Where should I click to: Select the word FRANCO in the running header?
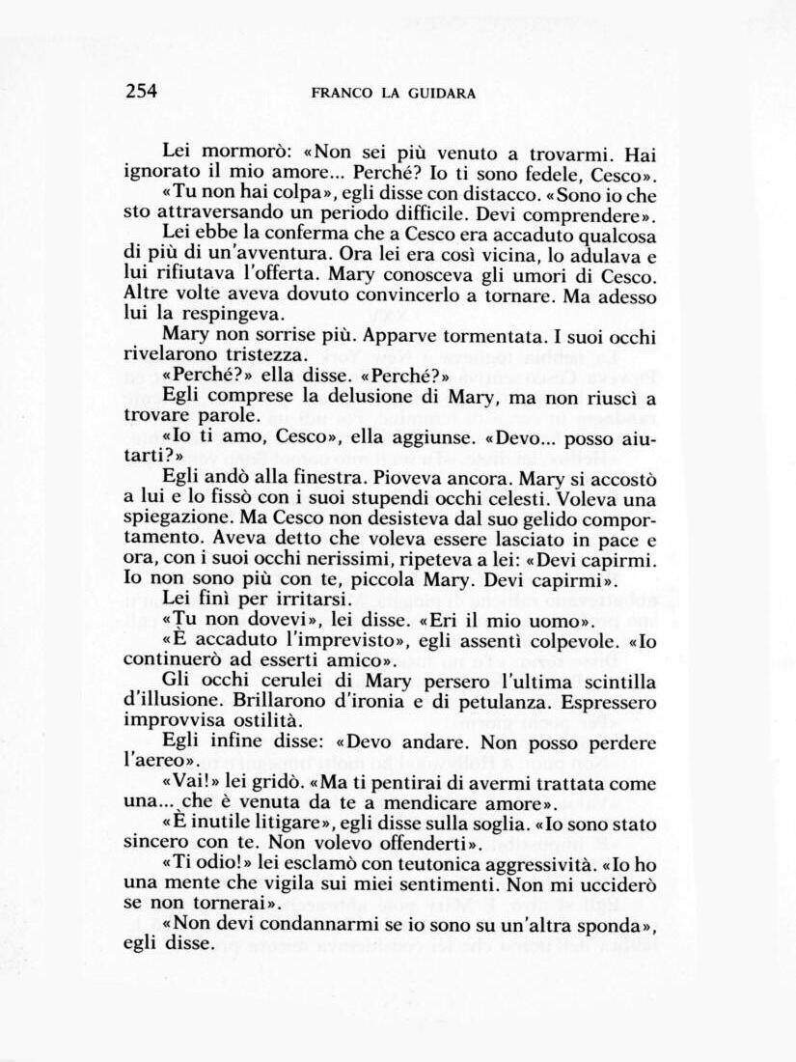click(343, 94)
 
